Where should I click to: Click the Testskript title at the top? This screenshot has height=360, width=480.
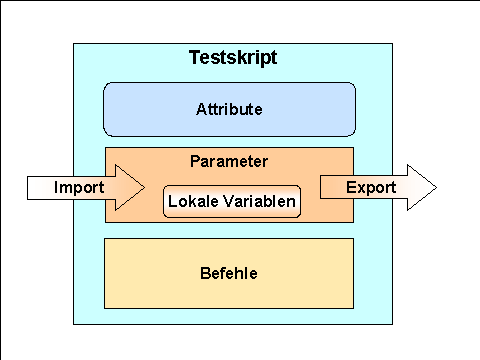[233, 58]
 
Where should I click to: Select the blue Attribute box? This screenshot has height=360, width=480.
[229, 109]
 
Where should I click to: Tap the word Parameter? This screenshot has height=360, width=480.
[229, 160]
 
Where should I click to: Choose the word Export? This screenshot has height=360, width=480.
[371, 187]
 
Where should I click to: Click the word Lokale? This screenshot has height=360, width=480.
[193, 202]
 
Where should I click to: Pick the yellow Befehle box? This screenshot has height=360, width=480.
[229, 272]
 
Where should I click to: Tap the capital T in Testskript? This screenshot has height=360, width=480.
[195, 58]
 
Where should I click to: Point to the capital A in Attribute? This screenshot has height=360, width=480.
[202, 109]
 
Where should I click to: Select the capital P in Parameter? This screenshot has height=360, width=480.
[194, 160]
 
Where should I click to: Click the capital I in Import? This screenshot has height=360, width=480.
[57, 187]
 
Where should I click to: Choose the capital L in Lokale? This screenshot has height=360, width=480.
[172, 202]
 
